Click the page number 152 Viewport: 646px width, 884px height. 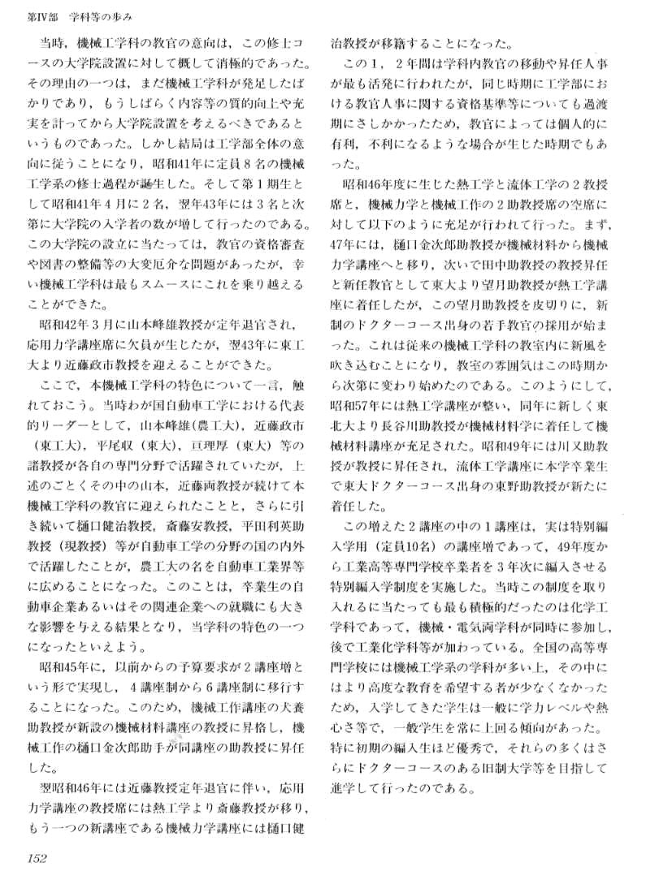pos(39,859)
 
